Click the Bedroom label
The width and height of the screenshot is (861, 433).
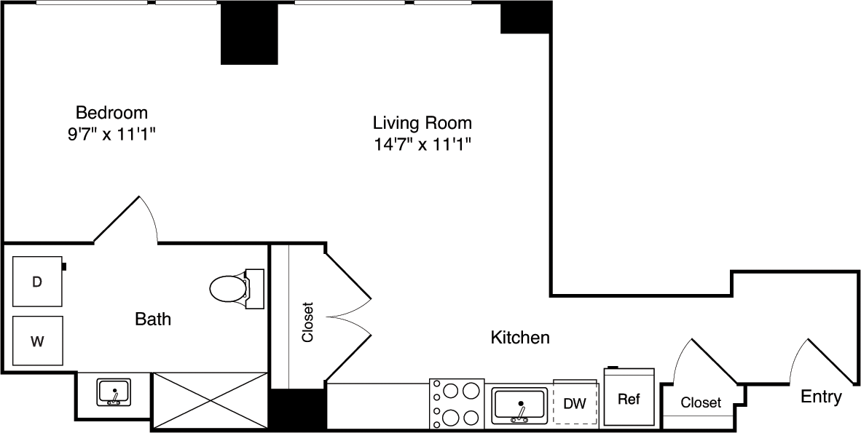click(x=111, y=113)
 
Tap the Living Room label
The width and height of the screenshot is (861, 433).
click(x=422, y=122)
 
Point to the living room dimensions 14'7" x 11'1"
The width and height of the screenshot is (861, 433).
click(x=422, y=143)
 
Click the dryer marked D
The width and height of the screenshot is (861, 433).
click(x=37, y=281)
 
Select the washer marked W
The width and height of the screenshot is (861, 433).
click(x=37, y=341)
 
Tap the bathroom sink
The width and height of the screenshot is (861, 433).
click(x=114, y=392)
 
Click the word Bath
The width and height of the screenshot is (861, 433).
click(x=153, y=319)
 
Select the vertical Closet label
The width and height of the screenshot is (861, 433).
click(x=307, y=322)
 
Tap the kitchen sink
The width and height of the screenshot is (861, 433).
click(x=519, y=405)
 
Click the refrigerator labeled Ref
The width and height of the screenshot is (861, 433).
click(x=629, y=399)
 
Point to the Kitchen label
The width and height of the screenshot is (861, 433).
click(x=519, y=338)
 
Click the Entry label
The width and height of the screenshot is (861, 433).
click(x=821, y=397)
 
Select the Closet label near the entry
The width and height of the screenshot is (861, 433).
click(x=701, y=402)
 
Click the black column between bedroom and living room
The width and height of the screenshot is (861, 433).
click(x=249, y=33)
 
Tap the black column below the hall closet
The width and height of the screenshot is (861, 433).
click(x=298, y=410)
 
